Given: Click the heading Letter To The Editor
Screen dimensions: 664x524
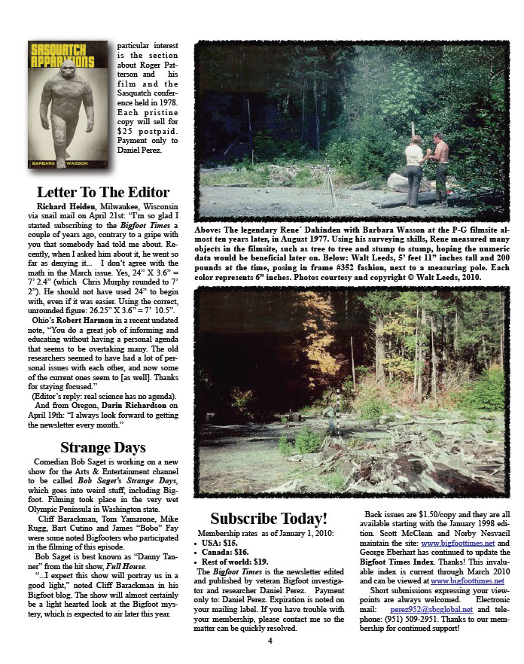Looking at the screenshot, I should [x=103, y=192].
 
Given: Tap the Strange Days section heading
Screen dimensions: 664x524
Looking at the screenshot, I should [x=103, y=448].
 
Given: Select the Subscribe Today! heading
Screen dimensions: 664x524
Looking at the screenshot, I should [x=269, y=518].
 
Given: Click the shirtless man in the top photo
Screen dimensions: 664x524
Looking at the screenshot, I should [x=440, y=169].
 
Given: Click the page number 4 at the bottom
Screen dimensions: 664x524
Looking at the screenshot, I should [x=270, y=641].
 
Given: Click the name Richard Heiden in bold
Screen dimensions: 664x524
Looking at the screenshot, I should [x=64, y=206].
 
